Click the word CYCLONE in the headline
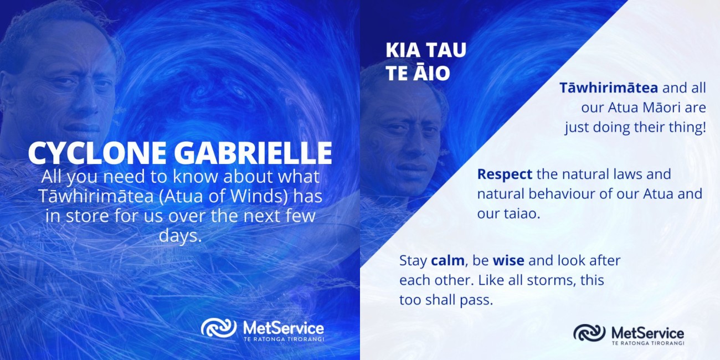(x=97, y=153)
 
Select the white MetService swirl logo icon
(x=219, y=328)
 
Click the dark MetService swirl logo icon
(x=589, y=333)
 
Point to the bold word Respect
(x=505, y=174)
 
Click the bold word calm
(x=448, y=260)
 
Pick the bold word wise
(x=508, y=260)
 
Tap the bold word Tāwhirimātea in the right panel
(x=609, y=88)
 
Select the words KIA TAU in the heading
(x=426, y=50)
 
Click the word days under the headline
(x=180, y=235)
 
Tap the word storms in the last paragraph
(x=554, y=280)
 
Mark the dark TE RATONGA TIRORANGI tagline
(x=647, y=343)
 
